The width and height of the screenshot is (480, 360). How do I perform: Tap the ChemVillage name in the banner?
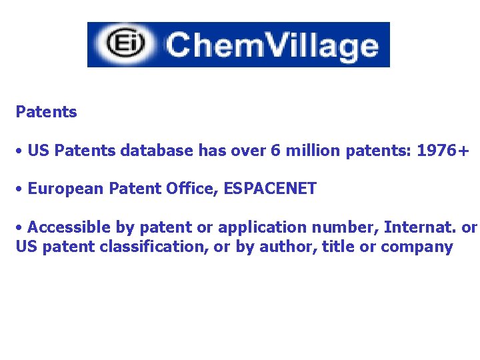[272, 45]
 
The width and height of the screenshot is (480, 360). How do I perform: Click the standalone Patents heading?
[46, 112]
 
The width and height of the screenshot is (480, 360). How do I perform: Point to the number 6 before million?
[275, 151]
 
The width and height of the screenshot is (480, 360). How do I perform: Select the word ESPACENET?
[271, 189]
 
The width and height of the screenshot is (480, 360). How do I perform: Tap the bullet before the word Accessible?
[21, 228]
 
